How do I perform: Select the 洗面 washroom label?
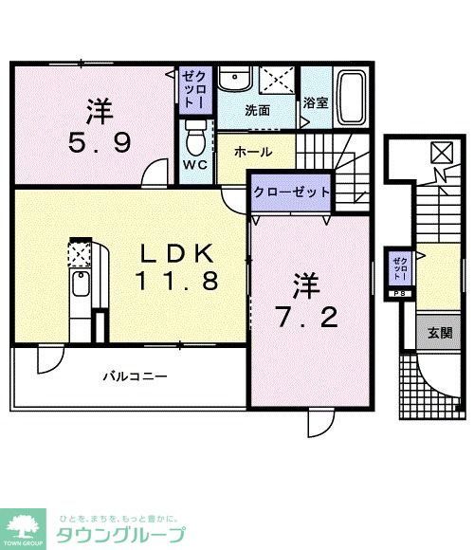[257, 110]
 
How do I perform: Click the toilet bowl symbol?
[195, 137]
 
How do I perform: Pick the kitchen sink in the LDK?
[81, 283]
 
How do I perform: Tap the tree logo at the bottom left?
[25, 524]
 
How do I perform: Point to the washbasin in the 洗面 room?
[232, 79]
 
